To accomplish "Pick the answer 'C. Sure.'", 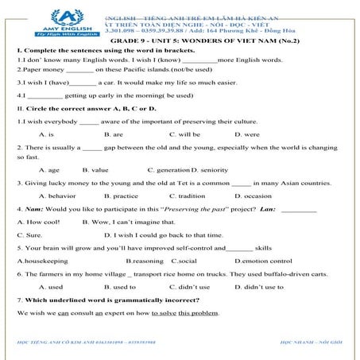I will point(30,235).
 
